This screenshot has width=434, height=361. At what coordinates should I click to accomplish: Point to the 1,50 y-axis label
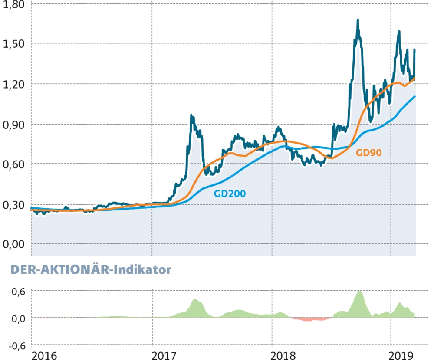pyautogui.click(x=13, y=44)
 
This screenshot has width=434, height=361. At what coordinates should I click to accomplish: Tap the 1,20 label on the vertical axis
pyautogui.click(x=13, y=84)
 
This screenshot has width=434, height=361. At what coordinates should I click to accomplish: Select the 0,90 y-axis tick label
pyautogui.click(x=13, y=124)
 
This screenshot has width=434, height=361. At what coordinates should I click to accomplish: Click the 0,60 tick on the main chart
pyautogui.click(x=13, y=164)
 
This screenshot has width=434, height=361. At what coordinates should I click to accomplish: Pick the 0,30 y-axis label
pyautogui.click(x=13, y=204)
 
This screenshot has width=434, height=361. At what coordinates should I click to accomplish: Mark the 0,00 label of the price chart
pyautogui.click(x=13, y=244)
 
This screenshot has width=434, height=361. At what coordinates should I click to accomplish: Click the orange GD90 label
pyautogui.click(x=369, y=153)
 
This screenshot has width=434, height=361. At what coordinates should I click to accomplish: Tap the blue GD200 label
pyautogui.click(x=230, y=194)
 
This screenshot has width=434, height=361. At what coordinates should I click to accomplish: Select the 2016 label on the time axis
pyautogui.click(x=45, y=356)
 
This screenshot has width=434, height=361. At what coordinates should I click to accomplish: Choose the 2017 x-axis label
pyautogui.click(x=164, y=356)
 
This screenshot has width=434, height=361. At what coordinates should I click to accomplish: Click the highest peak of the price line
pyautogui.click(x=358, y=20)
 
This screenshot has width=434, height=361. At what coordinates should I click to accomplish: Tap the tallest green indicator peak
pyautogui.click(x=359, y=292)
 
